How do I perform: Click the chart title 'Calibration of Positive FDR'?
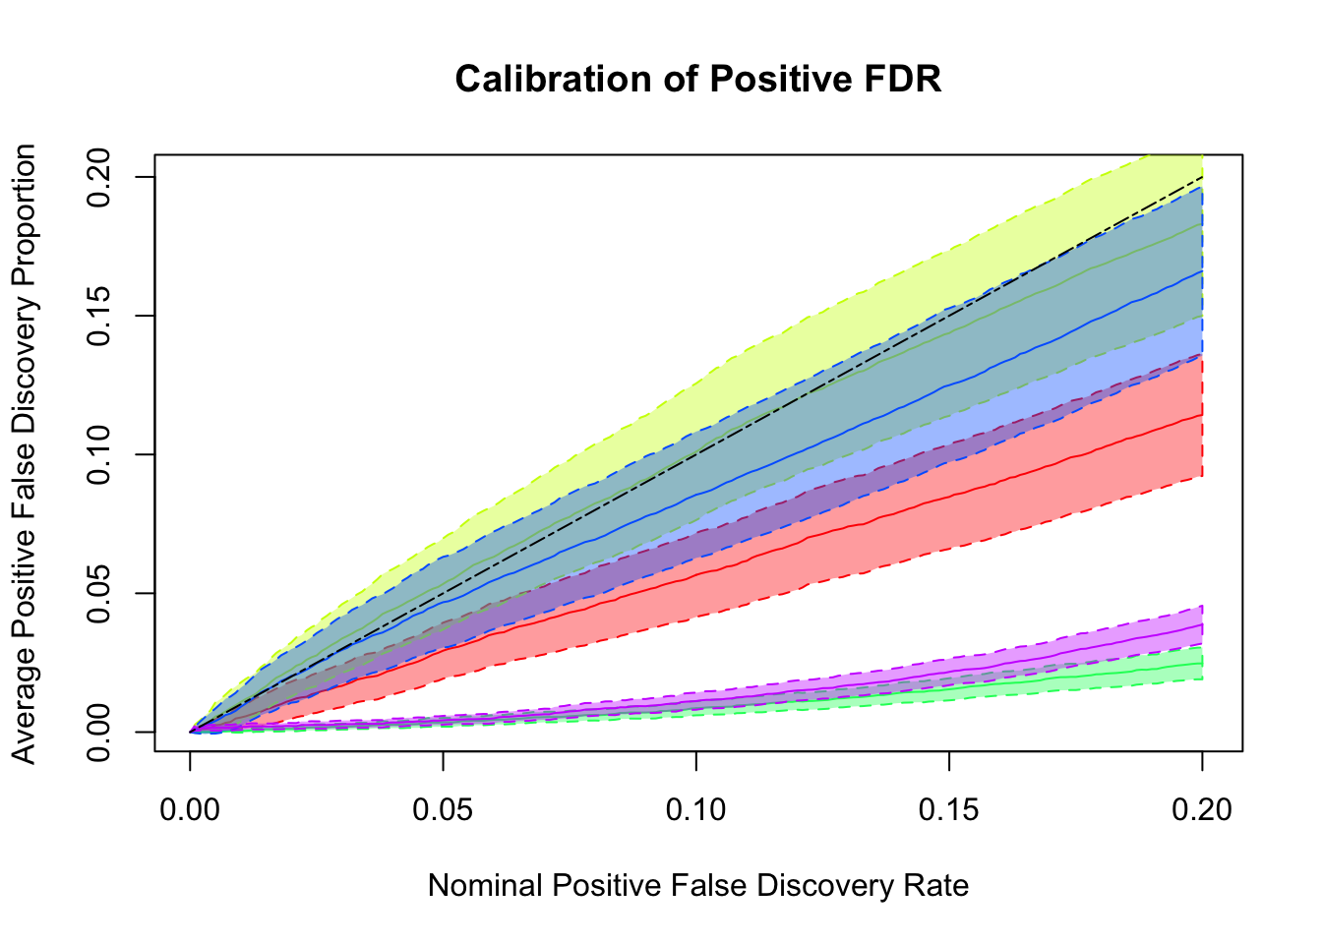click(x=698, y=80)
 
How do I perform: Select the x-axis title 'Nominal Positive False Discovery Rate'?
click(x=698, y=886)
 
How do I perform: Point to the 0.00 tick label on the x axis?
click(x=190, y=809)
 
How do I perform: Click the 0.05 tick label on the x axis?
click(x=443, y=809)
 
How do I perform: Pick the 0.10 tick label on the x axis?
click(x=695, y=809)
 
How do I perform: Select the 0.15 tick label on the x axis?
click(x=949, y=809)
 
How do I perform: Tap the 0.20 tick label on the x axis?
click(x=1202, y=809)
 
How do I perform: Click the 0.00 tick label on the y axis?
click(x=99, y=732)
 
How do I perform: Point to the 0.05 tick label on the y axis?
click(x=99, y=593)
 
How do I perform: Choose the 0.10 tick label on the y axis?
click(x=99, y=454)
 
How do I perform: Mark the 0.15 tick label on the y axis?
click(x=99, y=316)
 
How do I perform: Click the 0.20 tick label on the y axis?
click(x=99, y=177)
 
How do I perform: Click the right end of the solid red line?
click(x=1202, y=415)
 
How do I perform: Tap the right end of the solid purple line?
click(x=1202, y=624)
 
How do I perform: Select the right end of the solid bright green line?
click(x=1202, y=663)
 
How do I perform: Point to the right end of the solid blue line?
click(x=1202, y=270)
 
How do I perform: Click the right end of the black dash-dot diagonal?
click(x=1202, y=178)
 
